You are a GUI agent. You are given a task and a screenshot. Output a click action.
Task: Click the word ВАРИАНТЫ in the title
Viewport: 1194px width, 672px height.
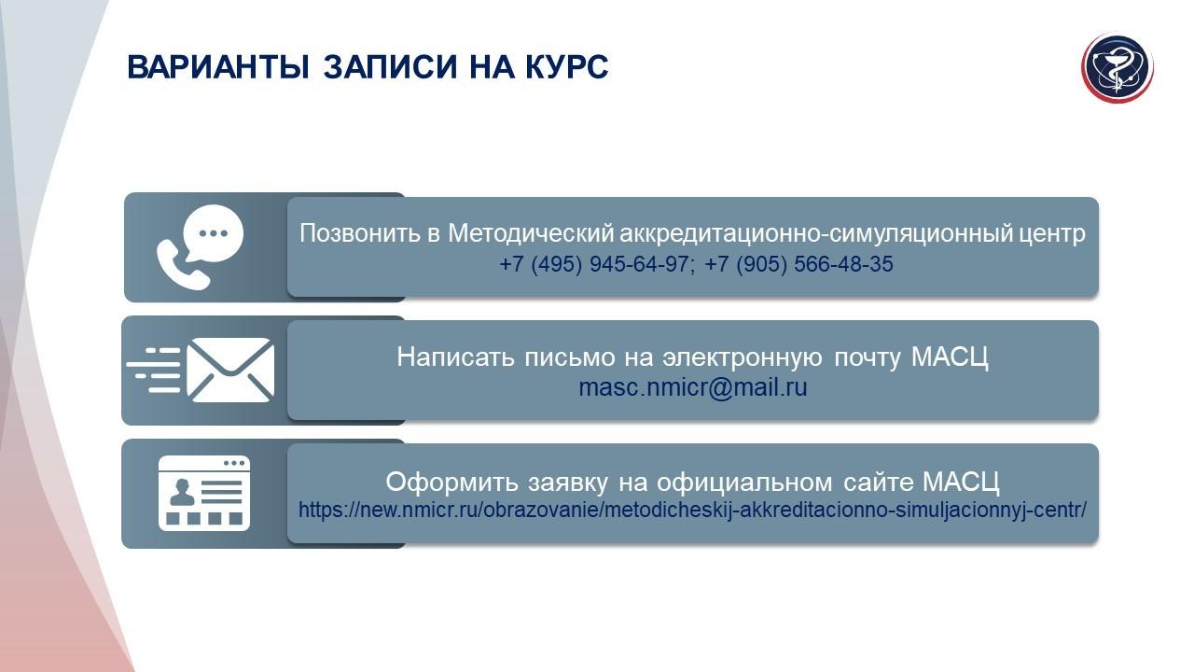[218, 66]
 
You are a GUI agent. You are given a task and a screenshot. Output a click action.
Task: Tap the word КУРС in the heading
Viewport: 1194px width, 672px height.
[566, 66]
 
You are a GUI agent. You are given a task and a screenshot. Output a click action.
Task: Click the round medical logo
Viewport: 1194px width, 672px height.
[1118, 68]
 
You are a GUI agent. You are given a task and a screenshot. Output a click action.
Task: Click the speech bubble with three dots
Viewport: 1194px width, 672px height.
[214, 233]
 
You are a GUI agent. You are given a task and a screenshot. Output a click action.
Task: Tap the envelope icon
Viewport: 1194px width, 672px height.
[230, 370]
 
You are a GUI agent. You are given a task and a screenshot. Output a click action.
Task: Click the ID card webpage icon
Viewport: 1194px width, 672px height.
[204, 493]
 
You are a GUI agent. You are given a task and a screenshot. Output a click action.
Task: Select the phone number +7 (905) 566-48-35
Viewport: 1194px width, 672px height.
[798, 264]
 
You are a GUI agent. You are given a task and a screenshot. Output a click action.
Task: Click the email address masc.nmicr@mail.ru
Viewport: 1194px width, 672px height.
[693, 387]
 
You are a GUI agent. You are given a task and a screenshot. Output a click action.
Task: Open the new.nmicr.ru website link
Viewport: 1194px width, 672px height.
[692, 511]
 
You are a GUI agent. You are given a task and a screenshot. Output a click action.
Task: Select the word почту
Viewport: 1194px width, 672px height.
[867, 357]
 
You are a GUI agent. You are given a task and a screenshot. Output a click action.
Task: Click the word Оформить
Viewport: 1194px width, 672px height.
[451, 483]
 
